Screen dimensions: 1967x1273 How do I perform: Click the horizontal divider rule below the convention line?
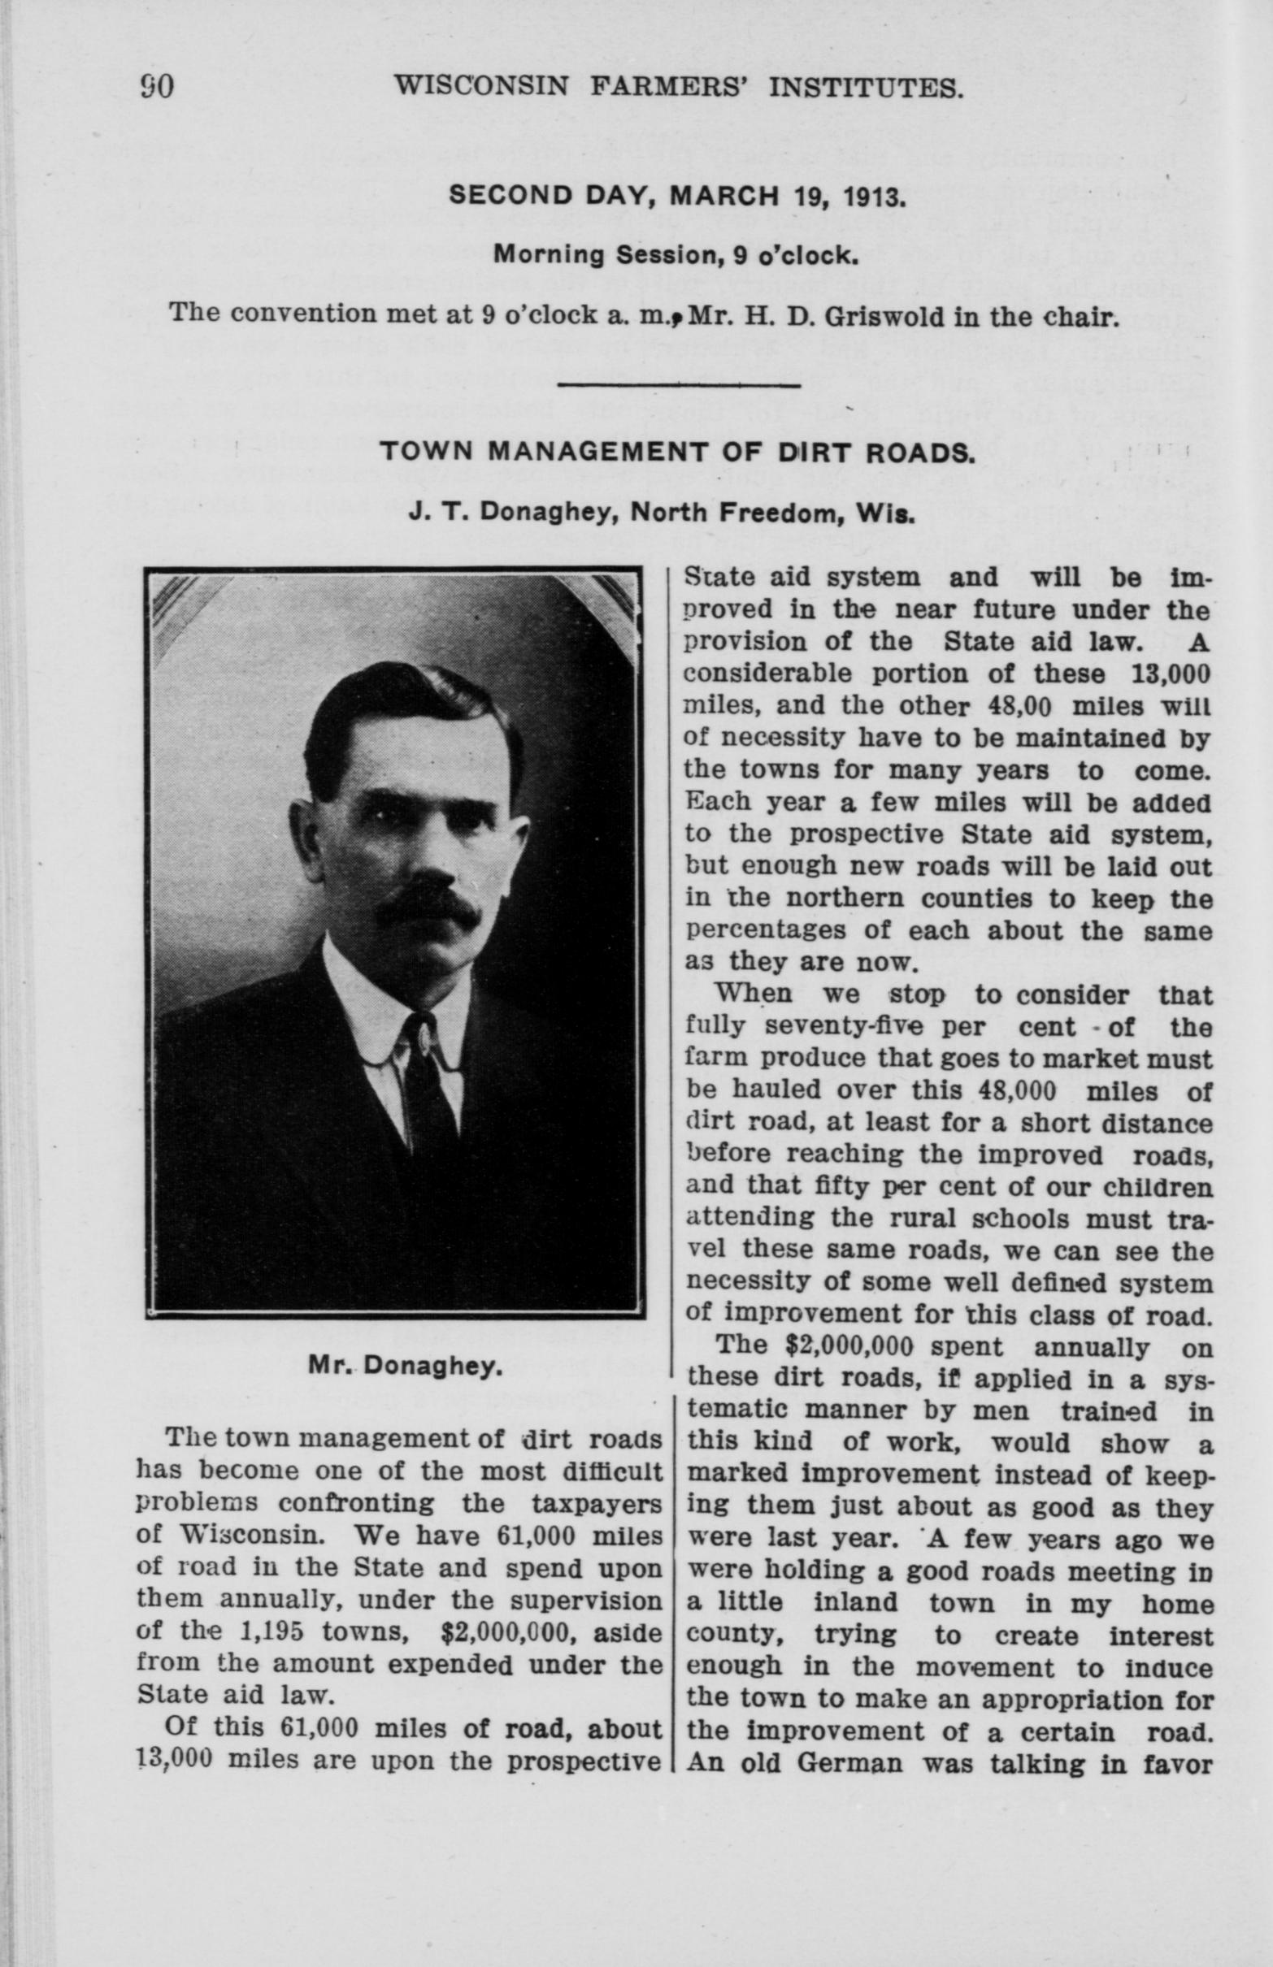tap(680, 385)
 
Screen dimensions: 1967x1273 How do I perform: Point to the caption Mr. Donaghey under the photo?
tap(405, 1367)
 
